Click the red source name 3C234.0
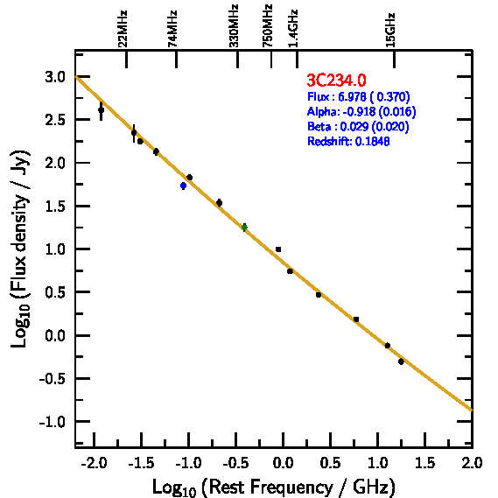click(336, 80)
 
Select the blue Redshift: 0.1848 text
click(348, 141)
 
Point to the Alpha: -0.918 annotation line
click(361, 111)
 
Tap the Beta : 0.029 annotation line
click(358, 126)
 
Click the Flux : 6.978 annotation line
click(359, 96)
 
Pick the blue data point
click(183, 186)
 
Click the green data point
click(244, 228)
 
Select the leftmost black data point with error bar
click(101, 110)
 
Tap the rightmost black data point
click(401, 361)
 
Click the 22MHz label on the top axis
click(123, 29)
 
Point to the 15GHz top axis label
click(390, 30)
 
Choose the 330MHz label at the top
click(234, 26)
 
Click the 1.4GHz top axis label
click(293, 29)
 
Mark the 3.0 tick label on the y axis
click(55, 77)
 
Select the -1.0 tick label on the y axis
click(53, 422)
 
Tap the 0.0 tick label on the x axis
click(284, 463)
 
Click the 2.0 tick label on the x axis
click(473, 463)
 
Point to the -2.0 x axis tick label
click(94, 463)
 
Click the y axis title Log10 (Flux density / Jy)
click(20, 249)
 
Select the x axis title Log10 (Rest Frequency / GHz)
click(274, 487)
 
